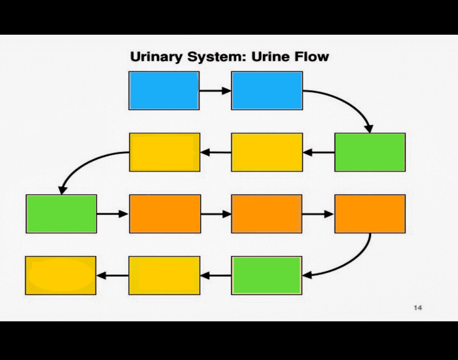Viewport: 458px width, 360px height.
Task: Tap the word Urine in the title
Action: pyautogui.click(x=268, y=57)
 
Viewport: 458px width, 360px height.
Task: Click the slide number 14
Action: pyautogui.click(x=417, y=308)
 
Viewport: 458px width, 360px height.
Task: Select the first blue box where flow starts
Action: pyautogui.click(x=164, y=90)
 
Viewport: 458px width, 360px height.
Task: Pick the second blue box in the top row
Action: pyautogui.click(x=267, y=90)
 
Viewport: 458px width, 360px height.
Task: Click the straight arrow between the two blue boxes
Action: pyautogui.click(x=215, y=90)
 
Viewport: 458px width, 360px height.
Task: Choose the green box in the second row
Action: pyautogui.click(x=370, y=152)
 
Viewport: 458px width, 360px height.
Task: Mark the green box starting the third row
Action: pyautogui.click(x=62, y=214)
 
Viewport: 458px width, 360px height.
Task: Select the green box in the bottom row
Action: pyautogui.click(x=267, y=275)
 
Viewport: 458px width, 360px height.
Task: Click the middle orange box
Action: pyautogui.click(x=267, y=214)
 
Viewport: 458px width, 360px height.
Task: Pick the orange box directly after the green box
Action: pyautogui.click(x=165, y=214)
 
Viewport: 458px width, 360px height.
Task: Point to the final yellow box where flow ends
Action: pyautogui.click(x=60, y=275)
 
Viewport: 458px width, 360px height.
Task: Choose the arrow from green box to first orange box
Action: pyautogui.click(x=113, y=214)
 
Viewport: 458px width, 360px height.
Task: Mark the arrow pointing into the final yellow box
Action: pyautogui.click(x=113, y=275)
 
